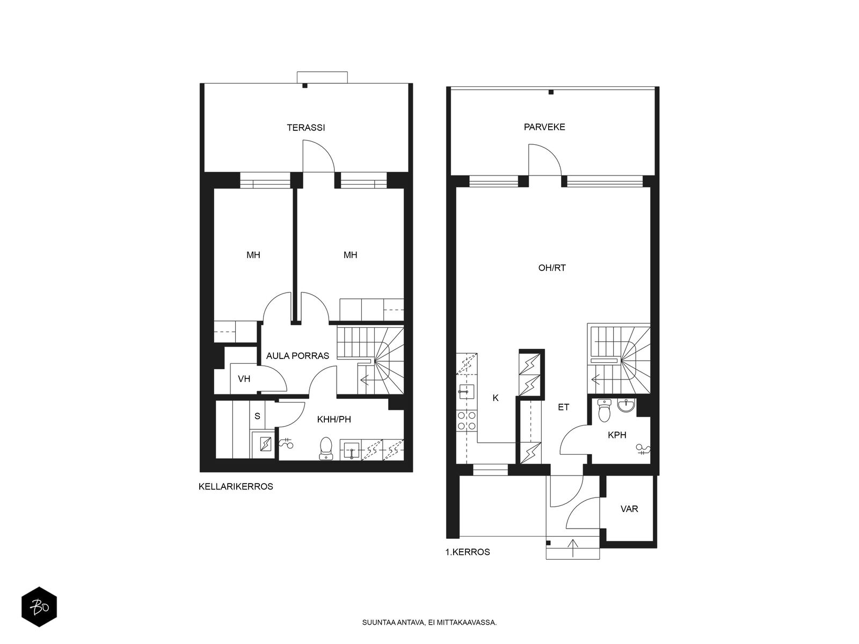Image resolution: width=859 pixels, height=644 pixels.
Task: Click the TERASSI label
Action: (x=305, y=128)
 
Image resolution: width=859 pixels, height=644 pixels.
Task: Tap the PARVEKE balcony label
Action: (x=544, y=127)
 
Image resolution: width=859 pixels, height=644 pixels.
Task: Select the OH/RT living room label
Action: (x=552, y=268)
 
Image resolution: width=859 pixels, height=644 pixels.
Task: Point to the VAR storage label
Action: (x=629, y=509)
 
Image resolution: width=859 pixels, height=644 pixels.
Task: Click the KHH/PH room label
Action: (x=334, y=420)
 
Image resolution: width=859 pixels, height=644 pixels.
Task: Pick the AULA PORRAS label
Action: (x=297, y=356)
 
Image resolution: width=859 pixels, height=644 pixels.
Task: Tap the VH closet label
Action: (x=244, y=378)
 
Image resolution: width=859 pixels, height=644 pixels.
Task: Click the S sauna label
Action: (x=257, y=416)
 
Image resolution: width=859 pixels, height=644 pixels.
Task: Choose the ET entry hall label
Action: (x=563, y=407)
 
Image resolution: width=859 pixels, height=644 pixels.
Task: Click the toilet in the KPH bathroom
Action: (x=604, y=411)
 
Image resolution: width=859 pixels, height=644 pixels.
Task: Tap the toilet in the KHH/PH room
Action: (x=325, y=448)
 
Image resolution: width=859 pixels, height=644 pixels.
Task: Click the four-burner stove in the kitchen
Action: (x=467, y=420)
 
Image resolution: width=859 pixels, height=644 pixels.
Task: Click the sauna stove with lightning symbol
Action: (x=266, y=444)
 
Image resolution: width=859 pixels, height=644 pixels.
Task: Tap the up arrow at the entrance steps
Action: (x=573, y=548)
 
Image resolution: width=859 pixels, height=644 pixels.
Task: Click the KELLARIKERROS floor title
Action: (x=236, y=487)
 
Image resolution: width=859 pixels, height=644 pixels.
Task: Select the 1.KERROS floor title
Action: (x=468, y=552)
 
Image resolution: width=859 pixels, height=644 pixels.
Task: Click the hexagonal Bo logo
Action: (x=39, y=607)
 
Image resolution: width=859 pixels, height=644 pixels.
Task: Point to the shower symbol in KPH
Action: (x=643, y=449)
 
